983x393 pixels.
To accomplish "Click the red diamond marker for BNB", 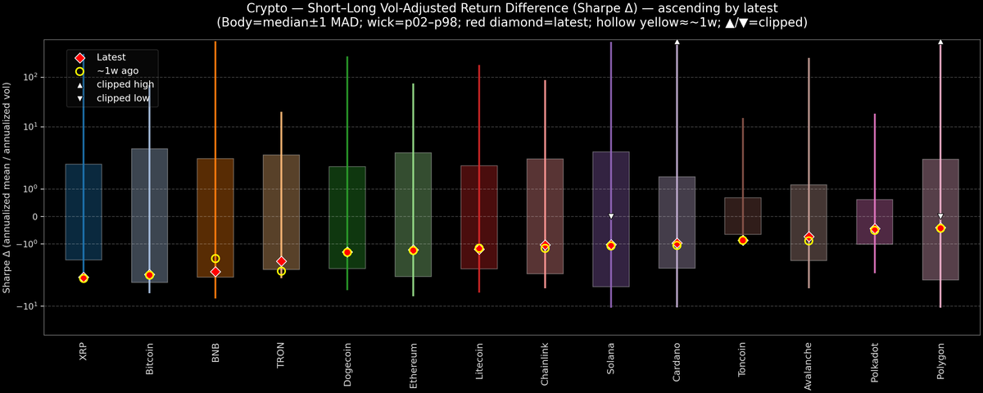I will coord(215,272).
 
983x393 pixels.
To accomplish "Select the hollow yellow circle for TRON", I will coord(281,271).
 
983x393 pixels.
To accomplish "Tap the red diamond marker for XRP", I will coord(84,278).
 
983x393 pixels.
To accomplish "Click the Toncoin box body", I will coord(742,215).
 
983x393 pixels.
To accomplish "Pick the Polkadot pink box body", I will coord(875,221).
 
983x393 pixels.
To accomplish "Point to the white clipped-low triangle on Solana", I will coord(610,216).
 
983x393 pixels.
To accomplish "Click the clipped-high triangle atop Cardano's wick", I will coord(677,41).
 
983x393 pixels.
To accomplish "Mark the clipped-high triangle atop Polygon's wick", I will coord(940,41).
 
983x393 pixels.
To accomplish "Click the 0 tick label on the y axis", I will coord(36,217).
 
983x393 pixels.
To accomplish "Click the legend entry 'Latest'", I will coord(111,57).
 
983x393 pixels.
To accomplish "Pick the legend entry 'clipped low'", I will coord(123,98).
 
